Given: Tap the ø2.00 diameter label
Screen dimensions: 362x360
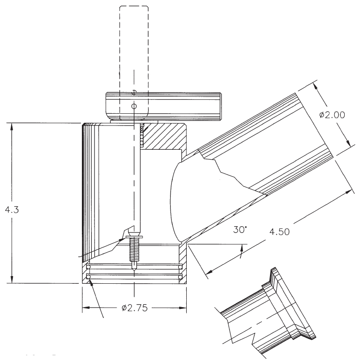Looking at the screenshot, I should [332, 115].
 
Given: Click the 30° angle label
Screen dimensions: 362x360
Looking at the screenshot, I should [240, 229].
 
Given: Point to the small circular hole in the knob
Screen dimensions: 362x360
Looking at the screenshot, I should [134, 106].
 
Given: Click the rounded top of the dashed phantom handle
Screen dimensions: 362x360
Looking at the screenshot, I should [134, 8].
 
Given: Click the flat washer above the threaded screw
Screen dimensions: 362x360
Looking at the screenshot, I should [134, 237].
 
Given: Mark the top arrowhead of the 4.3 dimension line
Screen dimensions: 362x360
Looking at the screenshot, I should [12, 125].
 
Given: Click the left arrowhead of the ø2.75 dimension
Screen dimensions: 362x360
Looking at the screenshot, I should [85, 308].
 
